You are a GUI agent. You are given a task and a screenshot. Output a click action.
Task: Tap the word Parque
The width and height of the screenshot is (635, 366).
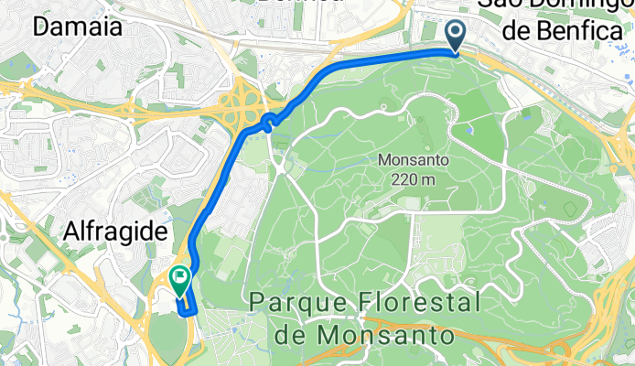click(x=299, y=302)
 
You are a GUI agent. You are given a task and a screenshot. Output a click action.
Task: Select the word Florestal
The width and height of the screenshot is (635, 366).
click(x=417, y=302)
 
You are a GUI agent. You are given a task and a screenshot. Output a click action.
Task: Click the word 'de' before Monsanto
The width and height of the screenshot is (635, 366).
click(x=292, y=335)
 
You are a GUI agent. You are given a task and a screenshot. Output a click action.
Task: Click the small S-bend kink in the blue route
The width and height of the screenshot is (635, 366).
click(x=268, y=122)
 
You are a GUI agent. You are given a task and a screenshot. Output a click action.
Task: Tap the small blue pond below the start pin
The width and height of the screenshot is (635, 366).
click(x=468, y=129)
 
